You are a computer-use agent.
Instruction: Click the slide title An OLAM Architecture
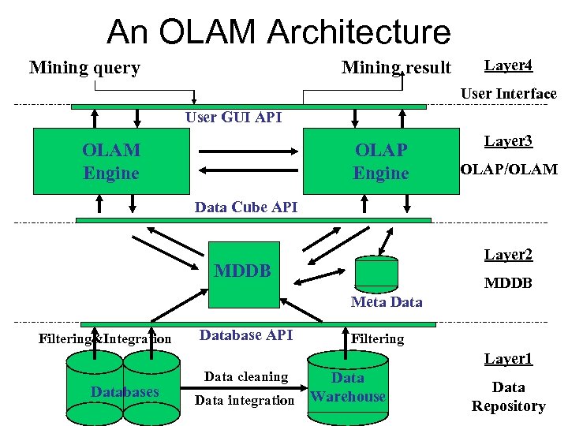[x=278, y=32]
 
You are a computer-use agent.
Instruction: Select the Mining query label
[x=84, y=68]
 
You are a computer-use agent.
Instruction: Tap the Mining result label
[x=396, y=68]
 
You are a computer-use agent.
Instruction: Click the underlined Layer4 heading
[x=508, y=65]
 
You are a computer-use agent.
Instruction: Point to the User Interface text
[x=508, y=94]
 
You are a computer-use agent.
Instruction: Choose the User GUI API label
[x=233, y=118]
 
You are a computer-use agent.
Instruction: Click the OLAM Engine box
[x=111, y=162]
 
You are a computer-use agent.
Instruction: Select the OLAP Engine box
[x=381, y=162]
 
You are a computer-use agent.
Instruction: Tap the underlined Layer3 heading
[x=508, y=141]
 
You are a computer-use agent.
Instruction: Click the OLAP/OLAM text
[x=508, y=170]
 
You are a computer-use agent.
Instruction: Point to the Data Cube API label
[x=245, y=207]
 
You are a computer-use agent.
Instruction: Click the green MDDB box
[x=243, y=272]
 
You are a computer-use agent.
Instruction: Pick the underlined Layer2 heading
[x=508, y=255]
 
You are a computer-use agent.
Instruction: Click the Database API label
[x=245, y=335]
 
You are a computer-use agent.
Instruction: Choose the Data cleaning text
[x=245, y=377]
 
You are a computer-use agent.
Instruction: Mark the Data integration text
[x=244, y=401]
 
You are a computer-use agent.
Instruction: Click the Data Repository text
[x=508, y=397]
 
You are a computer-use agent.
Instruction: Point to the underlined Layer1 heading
[x=508, y=359]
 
